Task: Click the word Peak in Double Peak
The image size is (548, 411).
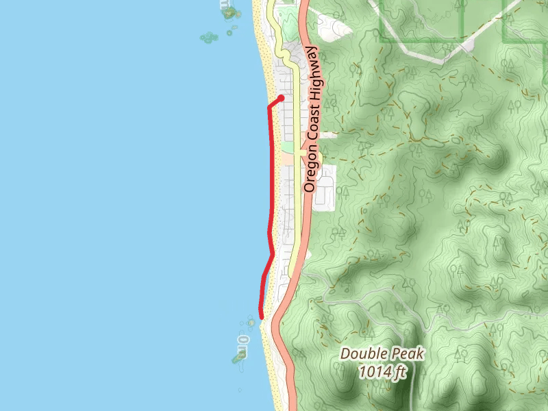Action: pos(408,354)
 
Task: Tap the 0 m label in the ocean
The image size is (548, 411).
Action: pos(243,340)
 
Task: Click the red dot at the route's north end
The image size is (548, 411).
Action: pos(281,99)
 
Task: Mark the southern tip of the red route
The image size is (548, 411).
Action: pos(260,316)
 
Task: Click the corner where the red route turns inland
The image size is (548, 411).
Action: pos(268,107)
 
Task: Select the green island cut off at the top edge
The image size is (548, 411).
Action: pos(227,10)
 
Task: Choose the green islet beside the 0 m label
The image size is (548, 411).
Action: pos(240,356)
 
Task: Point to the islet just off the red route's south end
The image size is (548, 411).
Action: pos(251,322)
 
